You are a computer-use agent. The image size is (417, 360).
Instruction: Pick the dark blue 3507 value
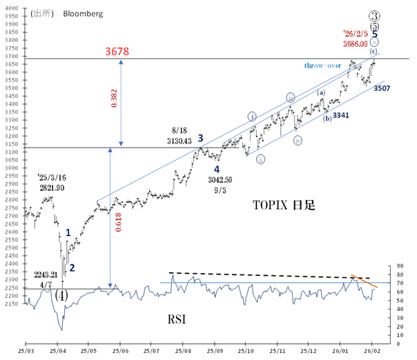pos(384,88)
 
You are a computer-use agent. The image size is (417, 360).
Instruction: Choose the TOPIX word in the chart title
pos(266,205)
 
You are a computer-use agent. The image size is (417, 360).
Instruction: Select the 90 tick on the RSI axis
pos(391,266)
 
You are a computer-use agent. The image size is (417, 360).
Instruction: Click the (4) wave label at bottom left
pos(60,294)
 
